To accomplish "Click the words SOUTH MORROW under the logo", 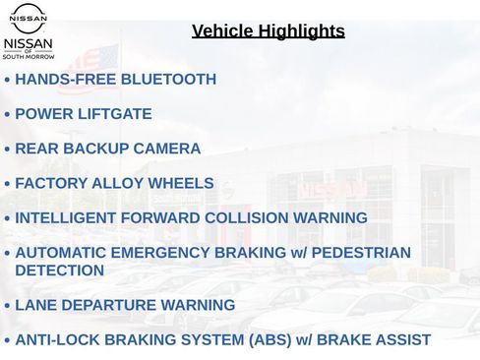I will point(29,57).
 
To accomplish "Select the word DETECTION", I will point(59,270).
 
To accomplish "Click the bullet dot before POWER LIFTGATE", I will point(8,115).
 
